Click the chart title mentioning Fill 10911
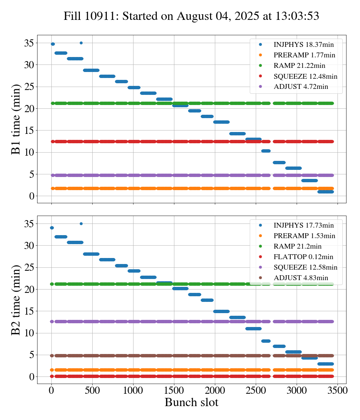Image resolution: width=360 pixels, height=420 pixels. click(191, 16)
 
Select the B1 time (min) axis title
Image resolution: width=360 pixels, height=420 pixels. click(16, 119)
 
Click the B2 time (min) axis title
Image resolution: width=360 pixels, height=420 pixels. click(16, 300)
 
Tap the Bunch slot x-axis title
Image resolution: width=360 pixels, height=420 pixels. click(191, 403)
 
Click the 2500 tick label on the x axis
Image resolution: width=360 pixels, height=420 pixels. click(256, 390)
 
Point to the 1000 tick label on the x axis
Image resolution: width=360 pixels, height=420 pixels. click(133, 390)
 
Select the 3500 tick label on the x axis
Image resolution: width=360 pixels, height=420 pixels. click(337, 390)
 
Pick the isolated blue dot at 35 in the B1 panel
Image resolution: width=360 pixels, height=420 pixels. click(81, 43)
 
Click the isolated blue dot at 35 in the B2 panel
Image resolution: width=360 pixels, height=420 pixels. click(81, 223)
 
